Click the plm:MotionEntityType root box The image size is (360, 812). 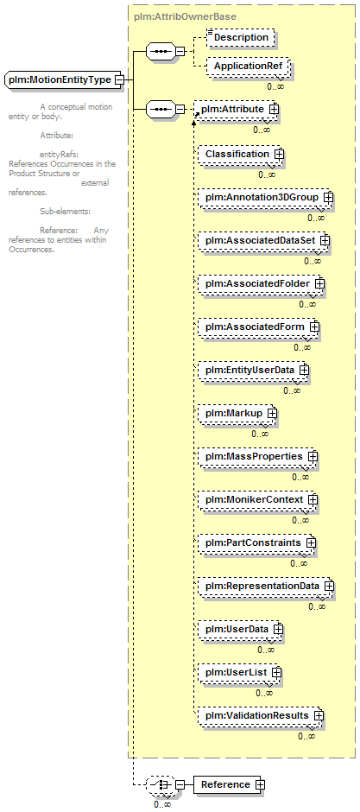click(x=64, y=80)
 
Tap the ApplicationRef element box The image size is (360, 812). click(x=248, y=67)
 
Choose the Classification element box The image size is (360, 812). click(x=241, y=155)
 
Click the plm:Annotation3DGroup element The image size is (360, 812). click(x=265, y=197)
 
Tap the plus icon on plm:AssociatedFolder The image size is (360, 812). click(x=319, y=284)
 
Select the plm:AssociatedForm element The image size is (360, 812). click(x=259, y=327)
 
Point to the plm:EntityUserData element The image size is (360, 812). click(x=254, y=371)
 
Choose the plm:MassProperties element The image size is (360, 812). click(x=257, y=457)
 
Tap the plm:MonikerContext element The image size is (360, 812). click(x=257, y=500)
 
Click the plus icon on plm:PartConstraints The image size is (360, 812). click(x=311, y=542)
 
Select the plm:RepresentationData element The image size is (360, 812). click(x=266, y=587)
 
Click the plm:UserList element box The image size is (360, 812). click(x=239, y=672)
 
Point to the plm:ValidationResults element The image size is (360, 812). click(x=261, y=715)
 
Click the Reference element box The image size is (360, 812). click(x=229, y=784)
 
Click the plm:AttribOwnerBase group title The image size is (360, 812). click(x=185, y=16)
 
